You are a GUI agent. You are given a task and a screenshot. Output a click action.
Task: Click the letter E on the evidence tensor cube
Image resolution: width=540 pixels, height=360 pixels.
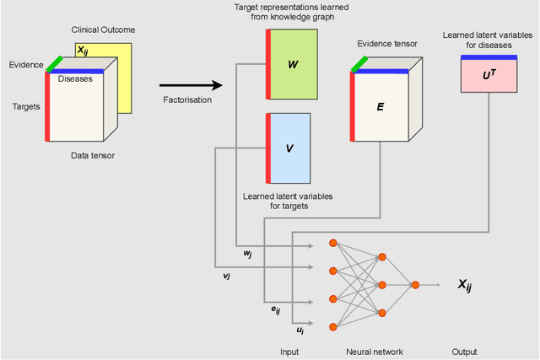pos(380,108)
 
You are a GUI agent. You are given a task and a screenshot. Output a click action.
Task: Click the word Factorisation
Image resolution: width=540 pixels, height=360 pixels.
pos(187,101)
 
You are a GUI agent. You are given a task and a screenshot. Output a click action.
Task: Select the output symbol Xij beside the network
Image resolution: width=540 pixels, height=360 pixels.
pos(464,286)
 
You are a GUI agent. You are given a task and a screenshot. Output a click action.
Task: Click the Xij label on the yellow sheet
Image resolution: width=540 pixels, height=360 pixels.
pos(88,50)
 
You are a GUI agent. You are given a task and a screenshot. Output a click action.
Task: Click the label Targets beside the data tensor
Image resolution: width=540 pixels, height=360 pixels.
pos(26,107)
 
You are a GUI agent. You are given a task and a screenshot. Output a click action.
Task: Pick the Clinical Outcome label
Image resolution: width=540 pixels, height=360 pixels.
pos(102,30)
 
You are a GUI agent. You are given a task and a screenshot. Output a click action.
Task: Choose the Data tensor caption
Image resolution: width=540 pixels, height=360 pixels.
pos(92,156)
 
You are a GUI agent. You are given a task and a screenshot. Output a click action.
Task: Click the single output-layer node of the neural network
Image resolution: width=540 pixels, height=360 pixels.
pos(415,285)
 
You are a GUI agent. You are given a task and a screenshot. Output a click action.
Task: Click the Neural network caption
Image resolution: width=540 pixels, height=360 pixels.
pos(375,351)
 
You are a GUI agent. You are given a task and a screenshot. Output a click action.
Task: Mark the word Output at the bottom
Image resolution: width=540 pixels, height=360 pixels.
pos(463,351)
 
